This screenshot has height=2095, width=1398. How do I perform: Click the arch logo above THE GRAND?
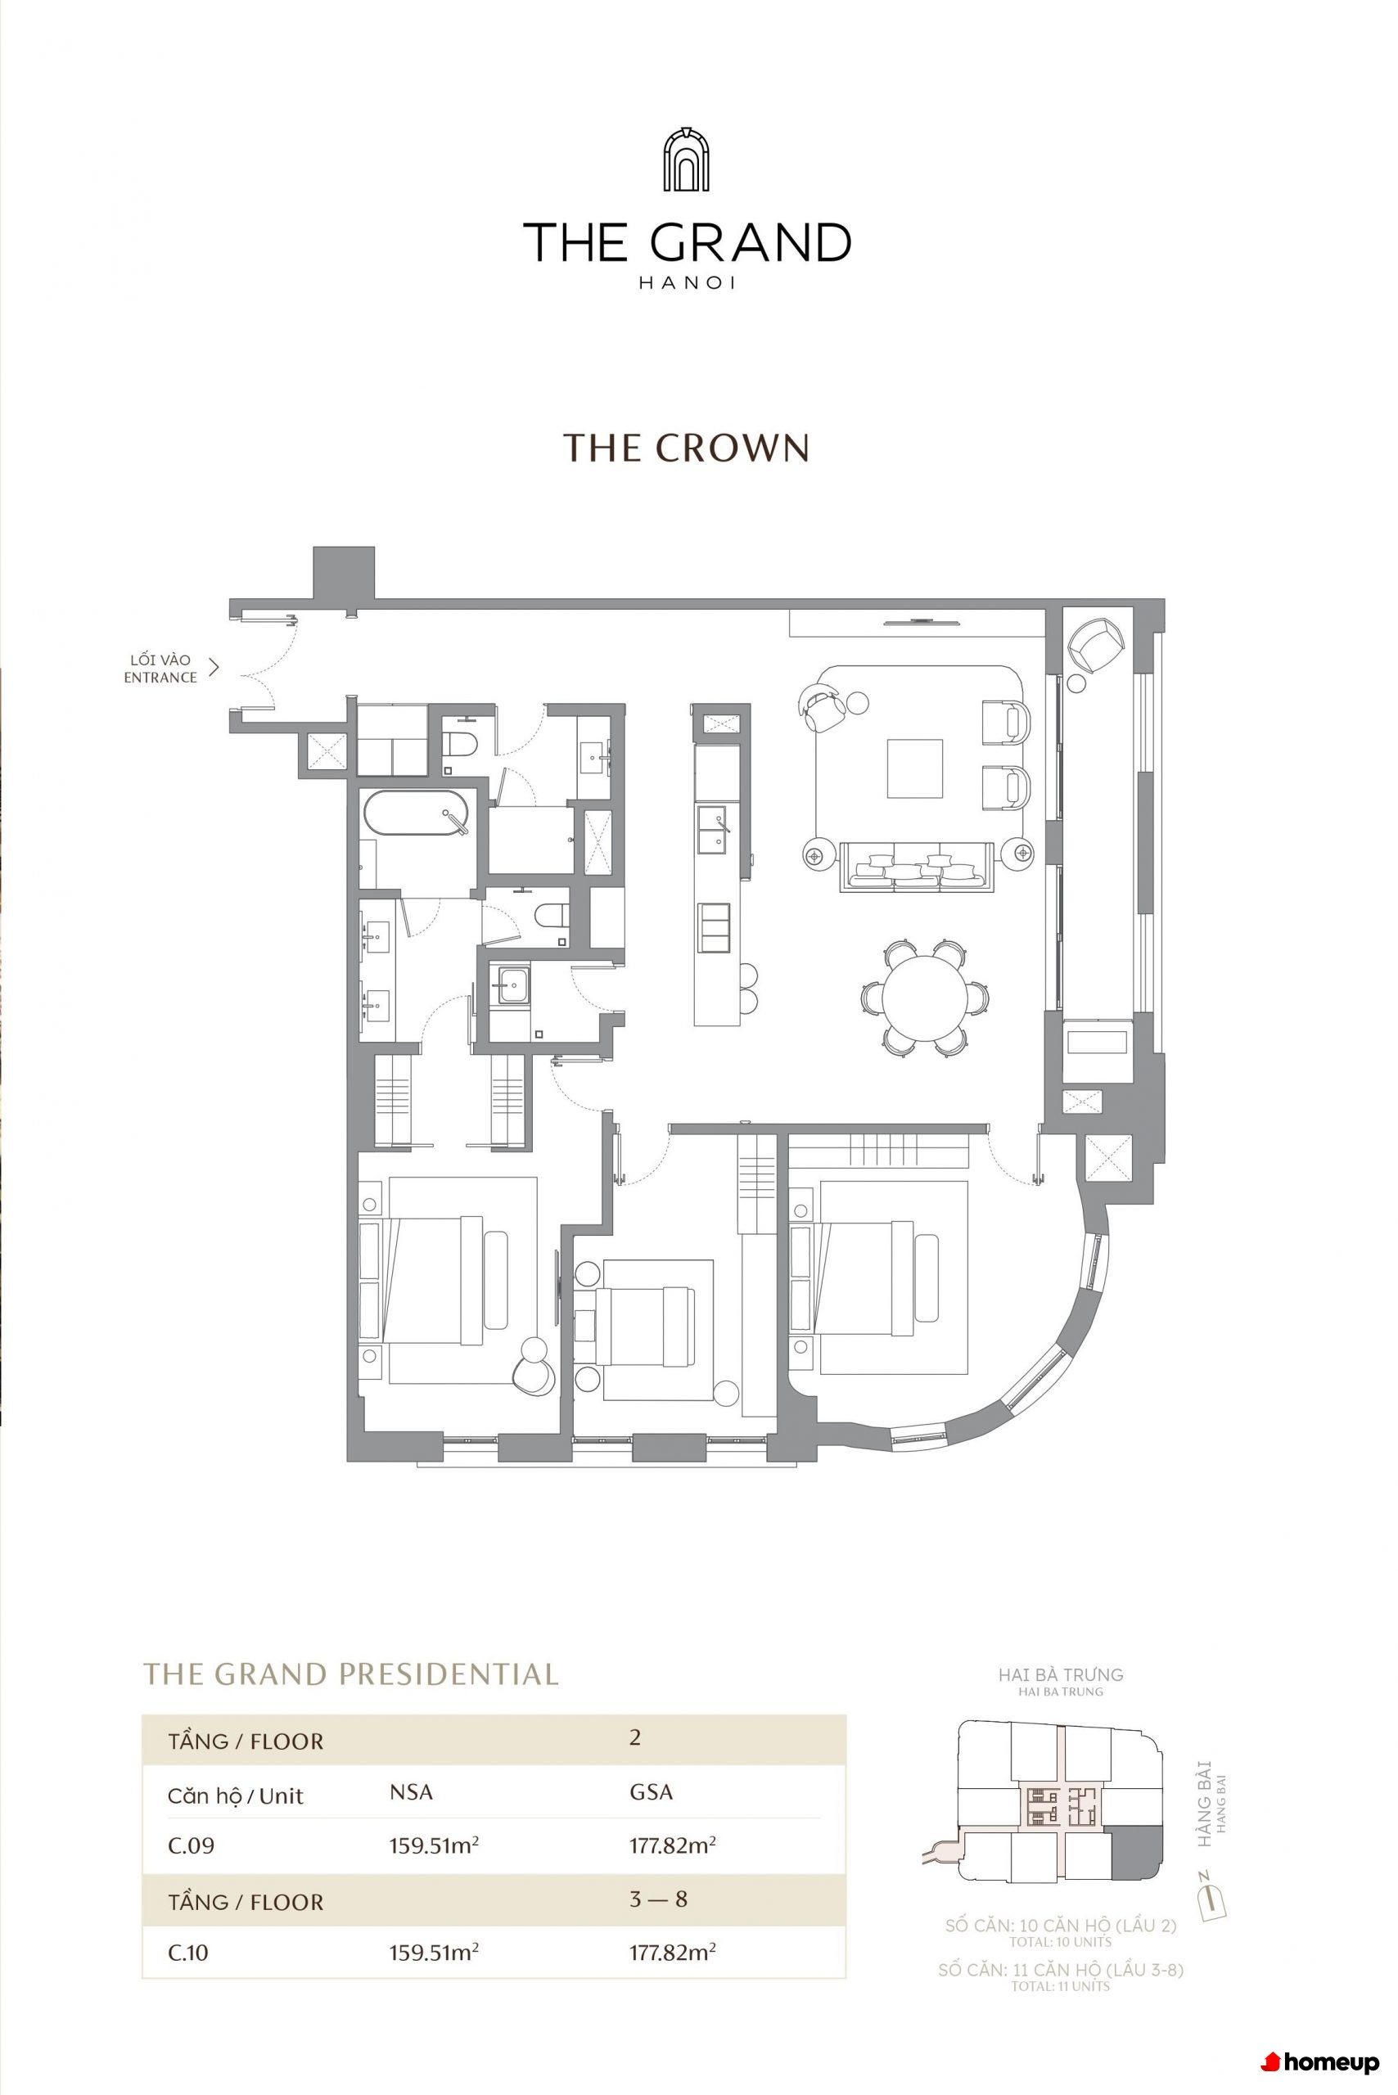tap(686, 160)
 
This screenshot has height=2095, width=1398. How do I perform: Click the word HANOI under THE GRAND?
tap(687, 283)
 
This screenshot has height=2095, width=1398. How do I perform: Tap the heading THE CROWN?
tap(687, 448)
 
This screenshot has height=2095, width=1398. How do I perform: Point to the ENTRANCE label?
tap(160, 678)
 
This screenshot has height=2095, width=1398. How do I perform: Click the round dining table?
tap(926, 997)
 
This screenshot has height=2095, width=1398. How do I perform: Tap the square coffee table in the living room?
tap(915, 768)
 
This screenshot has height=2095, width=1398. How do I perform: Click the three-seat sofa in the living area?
tap(918, 867)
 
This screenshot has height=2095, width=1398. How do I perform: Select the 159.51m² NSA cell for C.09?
tap(434, 1845)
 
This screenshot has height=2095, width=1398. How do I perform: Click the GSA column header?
tap(651, 1792)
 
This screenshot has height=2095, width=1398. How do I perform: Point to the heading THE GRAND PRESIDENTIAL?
tap(351, 1674)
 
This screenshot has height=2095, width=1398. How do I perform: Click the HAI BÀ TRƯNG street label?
tap(1061, 1674)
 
